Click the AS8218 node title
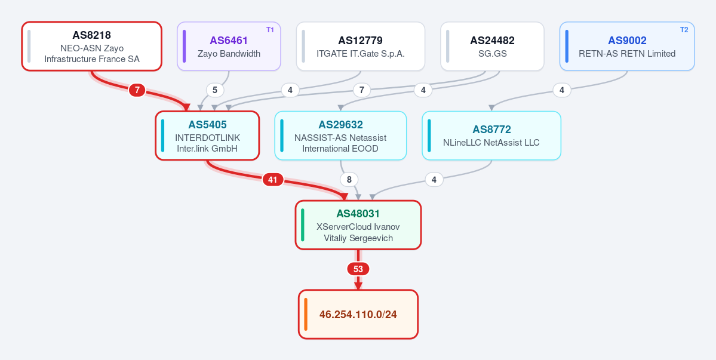pyautogui.click(x=91, y=35)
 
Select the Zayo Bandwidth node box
pyautogui.click(x=229, y=46)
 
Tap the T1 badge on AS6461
pyautogui.click(x=270, y=30)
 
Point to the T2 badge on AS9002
pyautogui.click(x=684, y=30)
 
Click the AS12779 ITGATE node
pyautogui.click(x=361, y=46)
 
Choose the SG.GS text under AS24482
pyautogui.click(x=492, y=53)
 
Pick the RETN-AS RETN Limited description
pyautogui.click(x=627, y=53)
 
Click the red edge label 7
pyautogui.click(x=137, y=90)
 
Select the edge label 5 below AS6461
pyautogui.click(x=215, y=90)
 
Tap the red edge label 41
pyautogui.click(x=273, y=180)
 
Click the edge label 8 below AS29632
pyautogui.click(x=349, y=180)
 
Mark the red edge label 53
pyautogui.click(x=358, y=269)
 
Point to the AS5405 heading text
pyautogui.click(x=207, y=125)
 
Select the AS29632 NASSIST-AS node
pyautogui.click(x=340, y=136)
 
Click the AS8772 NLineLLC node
pyautogui.click(x=491, y=136)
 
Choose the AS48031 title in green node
pyautogui.click(x=358, y=214)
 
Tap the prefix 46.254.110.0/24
pyautogui.click(x=358, y=315)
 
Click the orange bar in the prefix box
pyautogui.click(x=306, y=315)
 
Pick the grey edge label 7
pyautogui.click(x=362, y=90)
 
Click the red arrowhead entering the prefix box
pyautogui.click(x=358, y=285)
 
